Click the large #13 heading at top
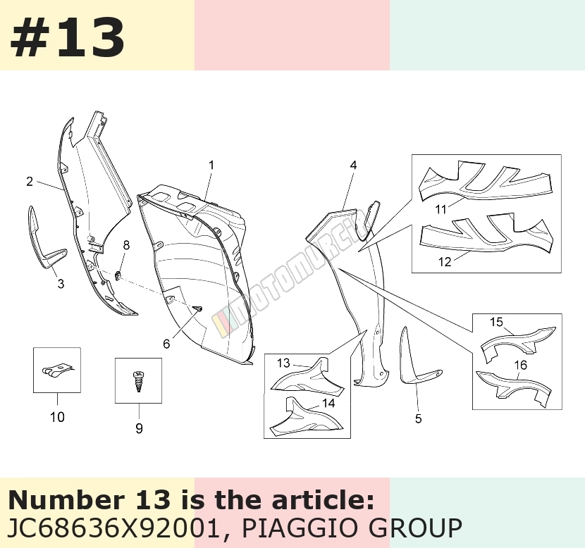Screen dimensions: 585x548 [68, 37]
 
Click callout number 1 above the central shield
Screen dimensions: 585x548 [211, 165]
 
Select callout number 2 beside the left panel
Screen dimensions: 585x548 [30, 182]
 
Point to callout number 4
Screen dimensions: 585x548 [353, 165]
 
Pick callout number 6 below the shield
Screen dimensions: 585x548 [166, 344]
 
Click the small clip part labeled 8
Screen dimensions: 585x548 [118, 276]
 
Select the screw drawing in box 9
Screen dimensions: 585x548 [139, 380]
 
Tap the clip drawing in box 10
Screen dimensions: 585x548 [56, 370]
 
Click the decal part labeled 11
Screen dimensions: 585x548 [485, 181]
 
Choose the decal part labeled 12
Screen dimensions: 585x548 [485, 233]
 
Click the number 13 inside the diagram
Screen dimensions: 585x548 [283, 363]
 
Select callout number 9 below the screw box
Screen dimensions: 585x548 [139, 428]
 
